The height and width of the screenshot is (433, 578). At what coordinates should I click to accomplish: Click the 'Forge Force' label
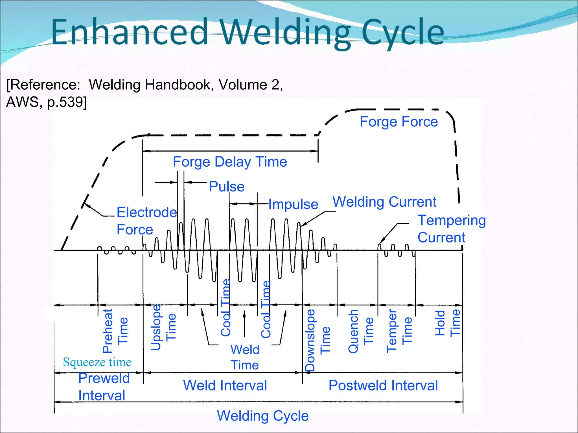[399, 122]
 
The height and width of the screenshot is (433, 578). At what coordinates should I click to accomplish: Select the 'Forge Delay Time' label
[230, 162]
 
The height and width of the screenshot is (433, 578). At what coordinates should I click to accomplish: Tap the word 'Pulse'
[227, 187]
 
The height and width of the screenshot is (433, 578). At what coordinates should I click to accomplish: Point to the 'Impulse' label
[293, 204]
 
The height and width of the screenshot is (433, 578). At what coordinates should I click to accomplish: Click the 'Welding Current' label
[384, 202]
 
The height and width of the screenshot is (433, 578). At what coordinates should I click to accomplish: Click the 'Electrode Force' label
[146, 221]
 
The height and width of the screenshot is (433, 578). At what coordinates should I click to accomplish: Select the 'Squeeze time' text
[97, 362]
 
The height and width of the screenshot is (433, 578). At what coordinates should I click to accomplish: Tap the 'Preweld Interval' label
[104, 387]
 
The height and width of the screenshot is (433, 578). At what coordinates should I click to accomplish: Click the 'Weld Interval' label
[225, 385]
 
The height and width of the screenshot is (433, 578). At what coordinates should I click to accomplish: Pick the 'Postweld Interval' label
[383, 385]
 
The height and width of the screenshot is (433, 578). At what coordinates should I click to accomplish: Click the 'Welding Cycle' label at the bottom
[262, 416]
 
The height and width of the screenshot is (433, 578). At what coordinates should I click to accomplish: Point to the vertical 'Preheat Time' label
[115, 331]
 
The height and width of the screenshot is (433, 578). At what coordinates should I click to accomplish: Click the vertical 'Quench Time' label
[361, 331]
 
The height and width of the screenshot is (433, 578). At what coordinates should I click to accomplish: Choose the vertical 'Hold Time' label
[447, 323]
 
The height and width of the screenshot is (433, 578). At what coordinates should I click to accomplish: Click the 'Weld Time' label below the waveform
[245, 357]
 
